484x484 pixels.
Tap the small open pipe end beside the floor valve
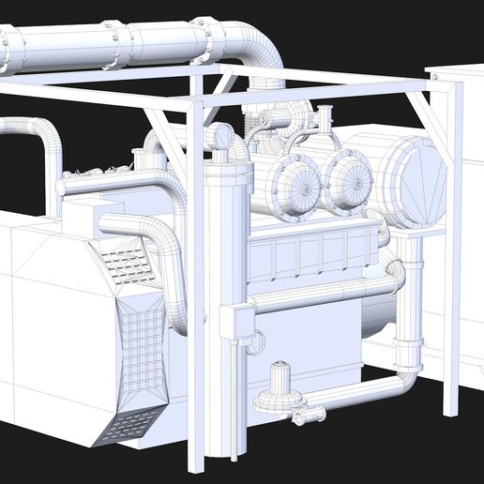[x=319, y=413]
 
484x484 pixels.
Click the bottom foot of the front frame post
[x=196, y=464]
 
